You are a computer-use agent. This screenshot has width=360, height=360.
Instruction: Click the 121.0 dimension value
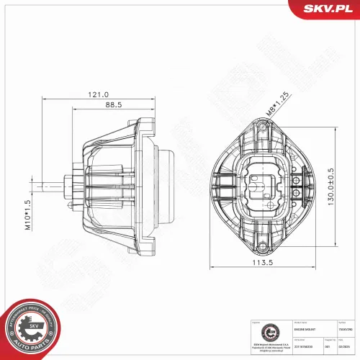(98, 94)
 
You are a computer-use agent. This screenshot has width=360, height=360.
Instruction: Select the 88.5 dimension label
(112, 104)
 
